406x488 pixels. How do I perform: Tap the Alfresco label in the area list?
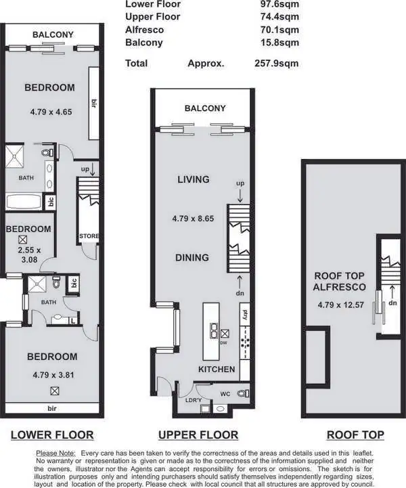[144, 30]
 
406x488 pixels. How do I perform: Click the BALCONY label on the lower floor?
[52, 35]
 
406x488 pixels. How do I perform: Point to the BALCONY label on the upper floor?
[205, 108]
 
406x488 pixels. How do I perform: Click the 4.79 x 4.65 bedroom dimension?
[51, 112]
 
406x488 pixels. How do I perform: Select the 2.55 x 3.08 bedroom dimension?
[28, 254]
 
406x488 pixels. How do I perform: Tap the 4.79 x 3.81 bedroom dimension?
[51, 374]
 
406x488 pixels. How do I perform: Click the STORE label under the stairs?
[89, 236]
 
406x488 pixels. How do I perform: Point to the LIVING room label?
[194, 179]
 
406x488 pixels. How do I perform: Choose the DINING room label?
[193, 257]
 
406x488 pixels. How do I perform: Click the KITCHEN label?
[217, 370]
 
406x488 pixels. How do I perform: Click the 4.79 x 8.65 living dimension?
[194, 219]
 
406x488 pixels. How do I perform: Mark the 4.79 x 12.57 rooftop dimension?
[340, 305]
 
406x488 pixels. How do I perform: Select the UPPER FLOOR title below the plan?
[198, 435]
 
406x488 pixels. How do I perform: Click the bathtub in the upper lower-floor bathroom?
[22, 201]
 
